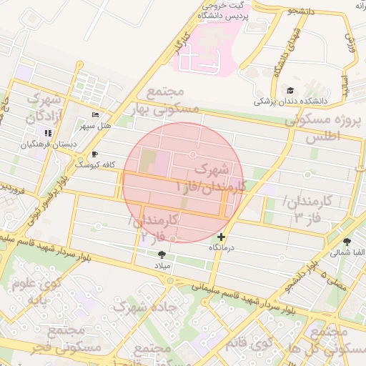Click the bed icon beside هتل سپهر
[x=96, y=116]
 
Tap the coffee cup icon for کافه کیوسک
[x=94, y=154]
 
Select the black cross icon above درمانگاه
[x=221, y=236]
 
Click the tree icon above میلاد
[x=161, y=254]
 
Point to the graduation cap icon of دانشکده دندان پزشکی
[x=290, y=90]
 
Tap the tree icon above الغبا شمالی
[x=347, y=242]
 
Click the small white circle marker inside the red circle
[x=192, y=154]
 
